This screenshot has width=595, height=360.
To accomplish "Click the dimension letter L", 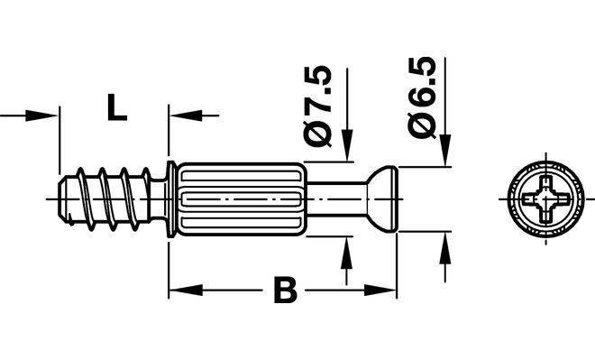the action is (x=116, y=108).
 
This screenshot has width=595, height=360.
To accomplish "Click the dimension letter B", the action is (x=285, y=291).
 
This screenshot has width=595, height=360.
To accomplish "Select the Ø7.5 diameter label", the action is (x=318, y=106).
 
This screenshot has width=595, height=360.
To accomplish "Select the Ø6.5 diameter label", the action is (x=422, y=98).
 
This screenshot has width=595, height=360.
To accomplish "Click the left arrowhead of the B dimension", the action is (x=186, y=291).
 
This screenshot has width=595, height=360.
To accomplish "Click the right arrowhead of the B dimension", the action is (x=380, y=291).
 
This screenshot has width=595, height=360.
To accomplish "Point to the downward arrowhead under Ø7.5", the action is (x=347, y=145).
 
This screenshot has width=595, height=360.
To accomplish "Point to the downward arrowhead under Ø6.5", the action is (x=445, y=150).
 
